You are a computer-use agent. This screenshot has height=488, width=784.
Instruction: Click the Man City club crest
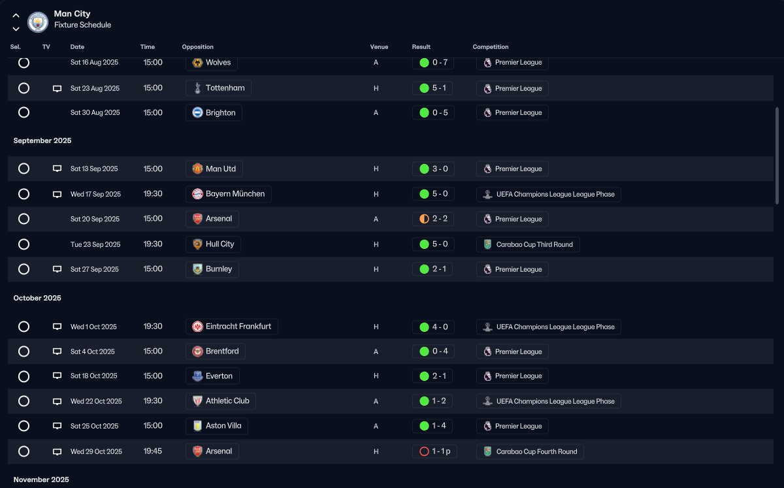[x=38, y=22]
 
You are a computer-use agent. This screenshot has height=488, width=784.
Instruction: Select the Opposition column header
[x=197, y=47]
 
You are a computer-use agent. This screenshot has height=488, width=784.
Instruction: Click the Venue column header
[x=379, y=47]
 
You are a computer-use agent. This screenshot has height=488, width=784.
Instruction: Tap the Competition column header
[x=491, y=47]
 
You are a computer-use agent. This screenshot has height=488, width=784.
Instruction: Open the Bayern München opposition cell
[x=229, y=194]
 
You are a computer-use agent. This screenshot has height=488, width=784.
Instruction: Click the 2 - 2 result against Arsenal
[x=433, y=219]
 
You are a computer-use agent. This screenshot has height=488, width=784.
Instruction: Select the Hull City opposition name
[x=220, y=244]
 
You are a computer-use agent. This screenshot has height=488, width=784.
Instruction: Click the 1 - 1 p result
[x=434, y=451]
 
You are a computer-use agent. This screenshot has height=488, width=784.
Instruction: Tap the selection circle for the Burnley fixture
[x=24, y=269]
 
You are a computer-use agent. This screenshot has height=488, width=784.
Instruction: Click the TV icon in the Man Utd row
[x=57, y=169]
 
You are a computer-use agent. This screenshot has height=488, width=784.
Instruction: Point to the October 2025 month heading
[x=37, y=298]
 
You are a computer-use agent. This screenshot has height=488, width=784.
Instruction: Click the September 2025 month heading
[x=42, y=140]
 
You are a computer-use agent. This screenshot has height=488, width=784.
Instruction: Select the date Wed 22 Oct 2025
[x=96, y=401]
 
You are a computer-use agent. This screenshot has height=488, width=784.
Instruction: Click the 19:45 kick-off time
[x=153, y=451]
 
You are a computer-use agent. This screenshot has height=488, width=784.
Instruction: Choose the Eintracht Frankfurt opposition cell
[x=232, y=327]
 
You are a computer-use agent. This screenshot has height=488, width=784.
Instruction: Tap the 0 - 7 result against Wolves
[x=433, y=62]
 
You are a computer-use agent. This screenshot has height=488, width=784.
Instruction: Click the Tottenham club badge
[x=197, y=88]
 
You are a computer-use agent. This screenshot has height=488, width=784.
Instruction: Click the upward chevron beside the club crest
[x=16, y=16]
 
